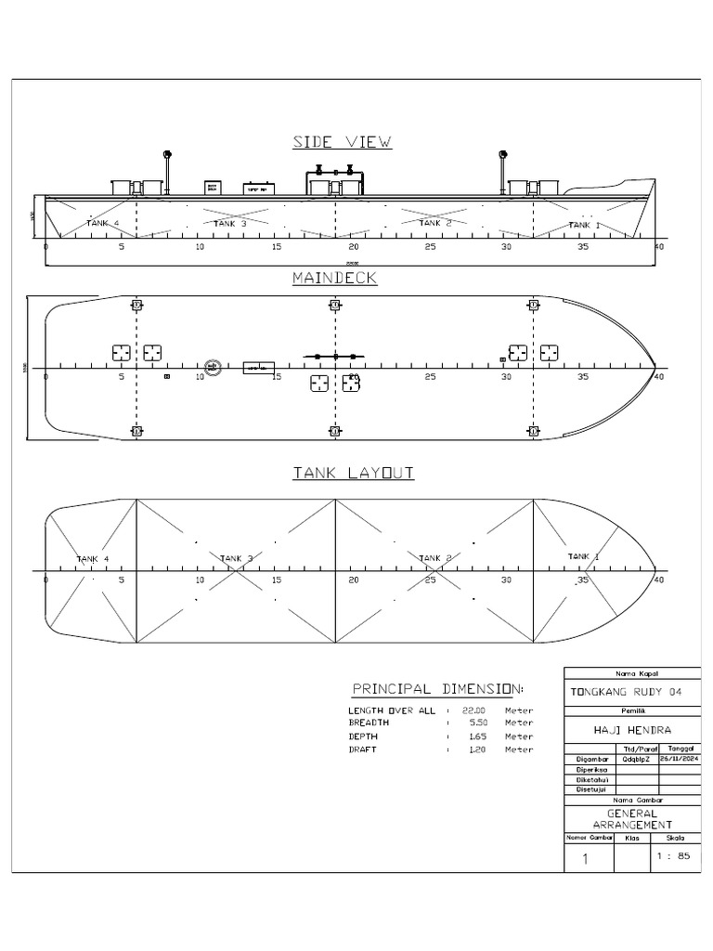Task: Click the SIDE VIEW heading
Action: pyautogui.click(x=342, y=142)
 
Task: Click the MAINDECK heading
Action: pyautogui.click(x=334, y=278)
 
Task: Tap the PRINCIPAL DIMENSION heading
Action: pyautogui.click(x=437, y=689)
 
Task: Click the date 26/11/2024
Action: pyautogui.click(x=677, y=759)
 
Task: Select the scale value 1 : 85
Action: pyautogui.click(x=673, y=856)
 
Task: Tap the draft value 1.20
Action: pyautogui.click(x=474, y=749)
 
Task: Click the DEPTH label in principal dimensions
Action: pyautogui.click(x=364, y=736)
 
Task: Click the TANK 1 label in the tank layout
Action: pyautogui.click(x=584, y=556)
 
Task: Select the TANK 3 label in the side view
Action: pyautogui.click(x=230, y=224)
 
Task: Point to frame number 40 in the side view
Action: pyautogui.click(x=659, y=248)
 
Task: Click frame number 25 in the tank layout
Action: pyautogui.click(x=430, y=580)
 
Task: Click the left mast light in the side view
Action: pyautogui.click(x=167, y=154)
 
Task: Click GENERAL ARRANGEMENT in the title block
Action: pyautogui.click(x=631, y=819)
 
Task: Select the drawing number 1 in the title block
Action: pyautogui.click(x=585, y=860)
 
